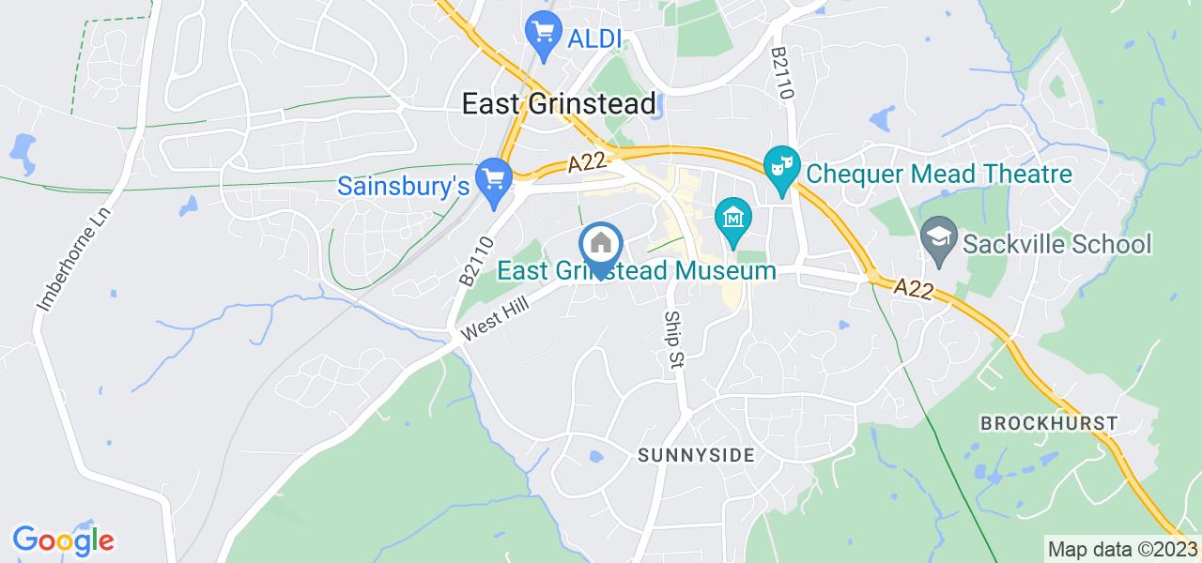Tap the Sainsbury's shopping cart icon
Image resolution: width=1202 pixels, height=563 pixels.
point(493,176)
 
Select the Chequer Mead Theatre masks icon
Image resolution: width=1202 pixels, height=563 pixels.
point(781,166)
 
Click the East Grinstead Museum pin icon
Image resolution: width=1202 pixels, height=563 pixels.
point(732,220)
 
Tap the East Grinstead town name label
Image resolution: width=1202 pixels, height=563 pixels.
point(560,104)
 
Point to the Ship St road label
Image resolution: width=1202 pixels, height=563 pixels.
point(672,340)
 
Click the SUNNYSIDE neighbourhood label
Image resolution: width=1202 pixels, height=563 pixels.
point(696,456)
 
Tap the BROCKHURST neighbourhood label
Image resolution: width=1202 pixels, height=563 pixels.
point(1049,423)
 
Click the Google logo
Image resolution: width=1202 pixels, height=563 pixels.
point(63,540)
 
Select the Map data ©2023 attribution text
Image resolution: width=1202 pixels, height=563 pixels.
point(1122,549)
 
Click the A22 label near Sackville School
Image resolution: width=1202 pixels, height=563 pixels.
point(912,288)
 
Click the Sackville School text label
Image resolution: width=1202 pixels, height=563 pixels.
point(1057,245)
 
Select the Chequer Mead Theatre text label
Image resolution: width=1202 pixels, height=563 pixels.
point(939,175)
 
